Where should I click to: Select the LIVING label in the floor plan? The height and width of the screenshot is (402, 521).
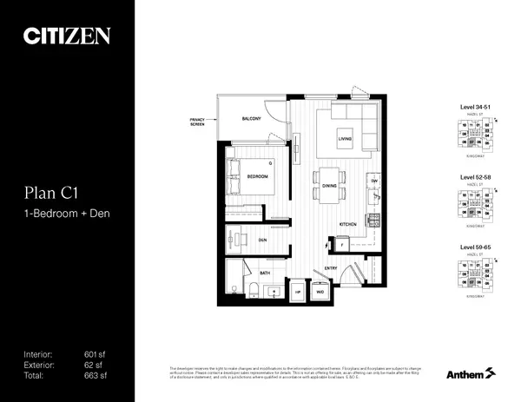click(x=346, y=137)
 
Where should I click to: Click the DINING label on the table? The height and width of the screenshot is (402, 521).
click(x=329, y=186)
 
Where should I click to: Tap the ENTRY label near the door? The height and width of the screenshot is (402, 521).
click(x=331, y=269)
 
